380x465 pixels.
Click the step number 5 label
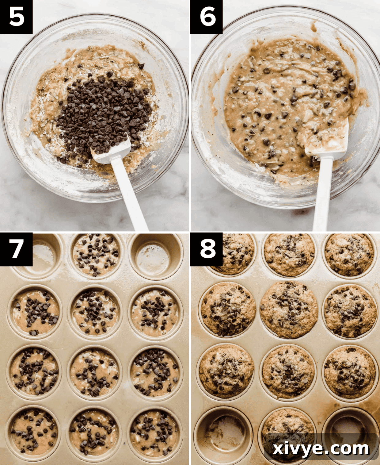click(16, 17)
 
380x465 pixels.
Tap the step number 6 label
click(207, 17)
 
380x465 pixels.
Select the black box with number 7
click(16, 249)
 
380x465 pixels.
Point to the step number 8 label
click(207, 249)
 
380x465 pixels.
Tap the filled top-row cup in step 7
click(96, 255)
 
